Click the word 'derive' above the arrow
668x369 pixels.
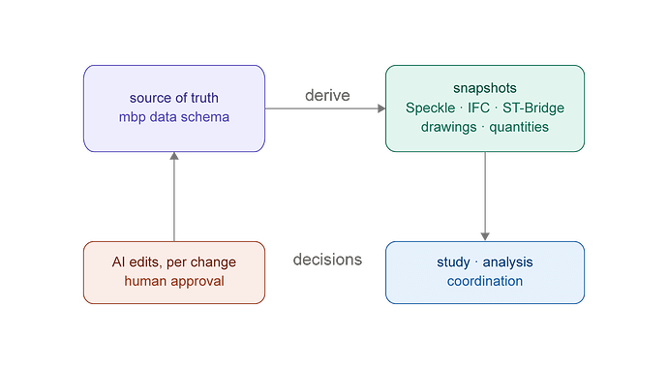click(327, 96)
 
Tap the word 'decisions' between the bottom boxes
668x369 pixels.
click(327, 260)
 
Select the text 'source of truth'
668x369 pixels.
click(174, 98)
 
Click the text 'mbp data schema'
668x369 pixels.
click(174, 117)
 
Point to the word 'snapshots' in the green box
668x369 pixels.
click(485, 88)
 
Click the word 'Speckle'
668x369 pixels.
click(430, 108)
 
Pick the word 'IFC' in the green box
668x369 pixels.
click(478, 108)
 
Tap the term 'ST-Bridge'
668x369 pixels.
click(533, 108)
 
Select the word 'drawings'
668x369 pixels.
click(448, 127)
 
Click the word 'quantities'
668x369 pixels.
click(519, 127)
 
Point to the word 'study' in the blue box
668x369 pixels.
click(453, 262)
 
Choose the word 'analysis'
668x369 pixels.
click(508, 262)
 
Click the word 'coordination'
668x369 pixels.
click(485, 281)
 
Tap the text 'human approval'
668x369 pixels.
click(174, 281)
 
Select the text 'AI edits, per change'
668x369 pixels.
click(174, 262)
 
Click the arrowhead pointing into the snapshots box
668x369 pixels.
click(381, 108)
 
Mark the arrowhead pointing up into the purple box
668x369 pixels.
click(174, 156)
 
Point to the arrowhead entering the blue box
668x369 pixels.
click(485, 237)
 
